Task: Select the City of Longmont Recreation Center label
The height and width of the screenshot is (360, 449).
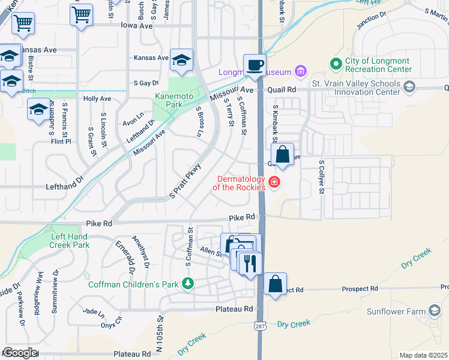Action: pyautogui.click(x=378, y=65)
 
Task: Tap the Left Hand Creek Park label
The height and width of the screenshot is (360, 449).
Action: pyautogui.click(x=70, y=241)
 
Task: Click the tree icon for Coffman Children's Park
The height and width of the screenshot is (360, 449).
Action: pyautogui.click(x=188, y=283)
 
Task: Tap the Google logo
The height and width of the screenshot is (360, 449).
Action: pyautogui.click(x=19, y=353)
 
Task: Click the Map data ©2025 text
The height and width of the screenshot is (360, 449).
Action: pyautogui.click(x=423, y=355)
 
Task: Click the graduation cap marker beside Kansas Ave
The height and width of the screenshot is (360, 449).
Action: pyautogui.click(x=181, y=60)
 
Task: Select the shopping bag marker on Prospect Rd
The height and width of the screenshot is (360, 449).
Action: pyautogui.click(x=274, y=284)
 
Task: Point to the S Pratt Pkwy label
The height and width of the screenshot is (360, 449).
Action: pyautogui.click(x=184, y=181)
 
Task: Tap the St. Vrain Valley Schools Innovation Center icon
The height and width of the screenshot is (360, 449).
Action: pyautogui.click(x=409, y=86)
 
